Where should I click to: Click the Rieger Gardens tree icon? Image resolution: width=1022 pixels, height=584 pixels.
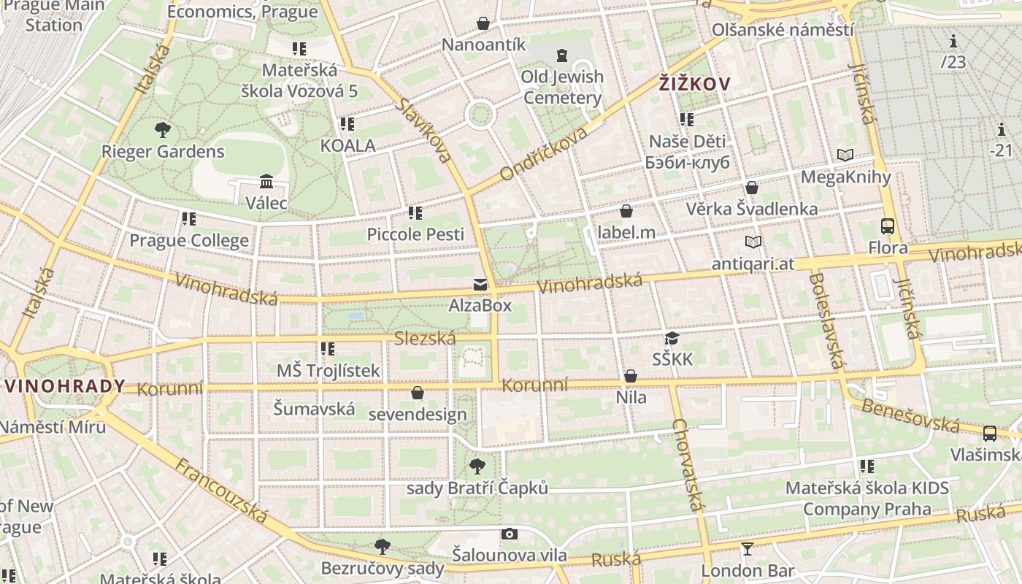tap(163, 130)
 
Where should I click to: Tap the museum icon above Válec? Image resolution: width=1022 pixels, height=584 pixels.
tap(266, 181)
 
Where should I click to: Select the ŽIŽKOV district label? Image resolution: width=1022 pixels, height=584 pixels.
tap(693, 84)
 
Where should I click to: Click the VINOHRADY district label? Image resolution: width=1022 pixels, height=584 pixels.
tap(64, 386)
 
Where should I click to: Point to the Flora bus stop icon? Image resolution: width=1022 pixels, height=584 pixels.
tap(888, 226)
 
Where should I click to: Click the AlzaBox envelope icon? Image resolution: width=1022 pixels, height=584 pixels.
tap(480, 285)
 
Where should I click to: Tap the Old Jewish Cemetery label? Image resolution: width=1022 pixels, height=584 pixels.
tap(562, 87)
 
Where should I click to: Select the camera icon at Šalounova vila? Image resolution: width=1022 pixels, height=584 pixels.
tap(510, 534)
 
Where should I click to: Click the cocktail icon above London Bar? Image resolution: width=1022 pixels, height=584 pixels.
tap(747, 548)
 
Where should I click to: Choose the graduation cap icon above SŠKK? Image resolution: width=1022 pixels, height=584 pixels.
tap(672, 338)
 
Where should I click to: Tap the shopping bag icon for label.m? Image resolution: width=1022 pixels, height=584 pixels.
tap(626, 212)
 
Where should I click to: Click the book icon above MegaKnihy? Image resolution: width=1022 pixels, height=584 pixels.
tap(845, 155)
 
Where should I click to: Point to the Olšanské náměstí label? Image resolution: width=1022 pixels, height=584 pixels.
tap(782, 30)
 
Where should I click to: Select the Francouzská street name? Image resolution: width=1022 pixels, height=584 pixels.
tap(222, 490)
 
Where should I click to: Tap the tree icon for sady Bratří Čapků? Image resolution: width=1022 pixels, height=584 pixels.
tap(477, 466)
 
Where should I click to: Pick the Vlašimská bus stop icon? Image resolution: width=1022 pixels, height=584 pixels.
tap(990, 434)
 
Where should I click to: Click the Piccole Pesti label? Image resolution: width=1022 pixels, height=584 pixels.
tap(415, 234)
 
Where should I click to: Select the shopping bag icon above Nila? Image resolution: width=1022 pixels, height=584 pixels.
tap(631, 377)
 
